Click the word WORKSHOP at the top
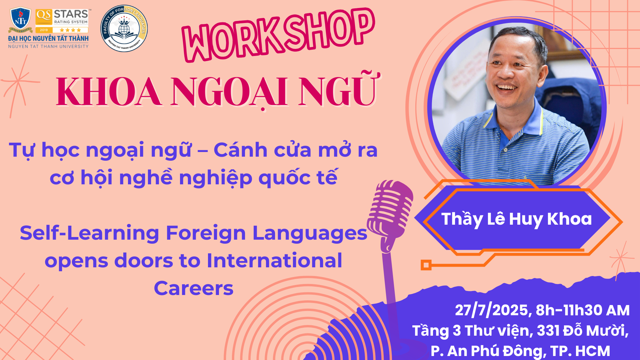(x=279, y=35)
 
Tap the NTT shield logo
(x=21, y=19)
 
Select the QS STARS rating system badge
(x=62, y=21)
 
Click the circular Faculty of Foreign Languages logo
(x=124, y=28)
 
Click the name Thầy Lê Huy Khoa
(x=516, y=219)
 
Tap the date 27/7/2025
(x=491, y=310)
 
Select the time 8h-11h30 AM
(x=583, y=310)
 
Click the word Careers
(x=194, y=288)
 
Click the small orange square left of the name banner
(x=426, y=265)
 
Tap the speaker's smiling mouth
(x=507, y=88)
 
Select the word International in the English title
(x=274, y=260)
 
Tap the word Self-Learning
(x=89, y=233)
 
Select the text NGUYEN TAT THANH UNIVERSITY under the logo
(x=48, y=46)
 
